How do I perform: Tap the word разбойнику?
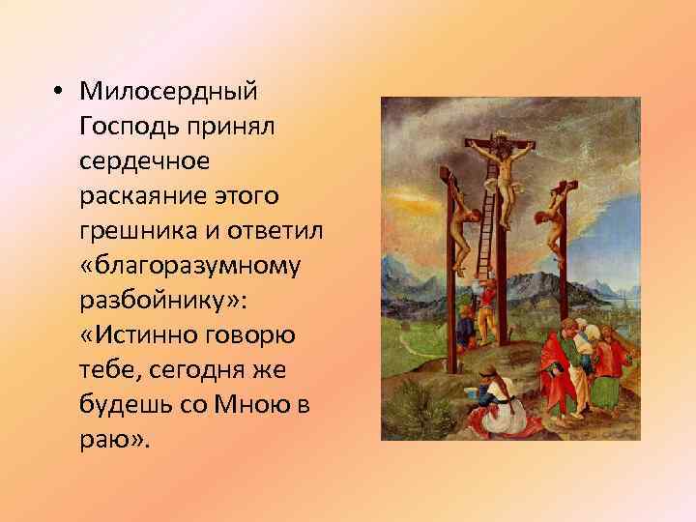click(155, 303)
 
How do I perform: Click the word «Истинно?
click(142, 337)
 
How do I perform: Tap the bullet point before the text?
click(59, 91)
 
